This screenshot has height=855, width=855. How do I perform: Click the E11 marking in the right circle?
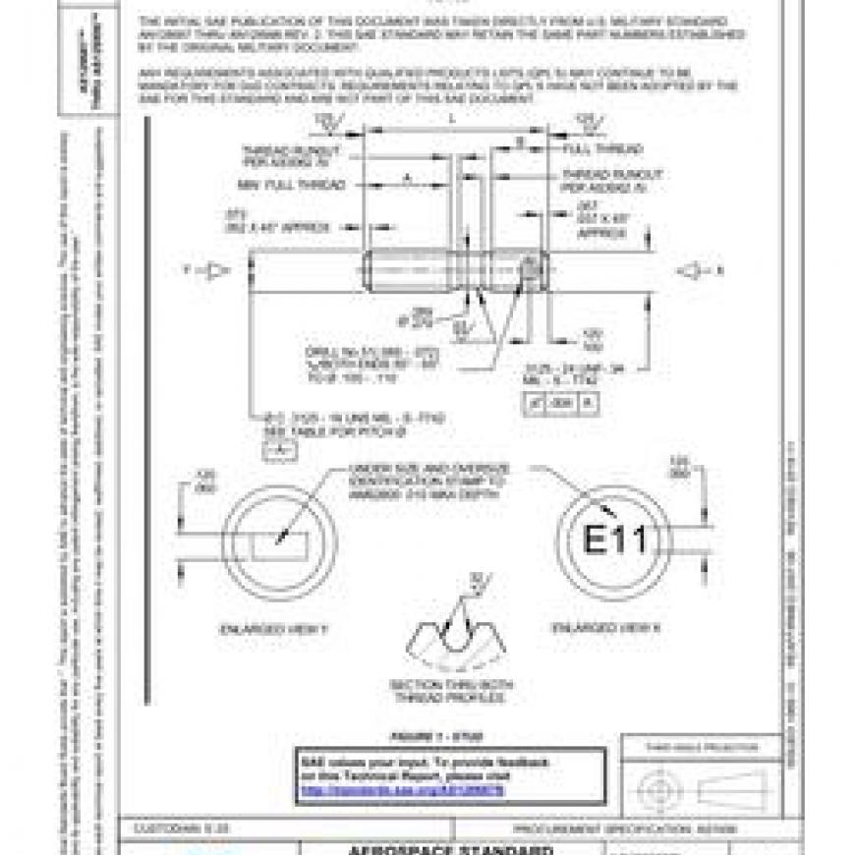click(614, 540)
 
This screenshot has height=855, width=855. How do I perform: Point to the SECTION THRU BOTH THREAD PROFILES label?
click(451, 691)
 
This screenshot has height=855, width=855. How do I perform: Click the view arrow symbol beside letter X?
click(694, 270)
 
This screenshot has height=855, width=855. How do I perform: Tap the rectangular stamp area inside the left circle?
click(280, 542)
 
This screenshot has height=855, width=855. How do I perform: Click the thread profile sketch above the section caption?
click(453, 634)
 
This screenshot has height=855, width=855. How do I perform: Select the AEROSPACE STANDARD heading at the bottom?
click(451, 849)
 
